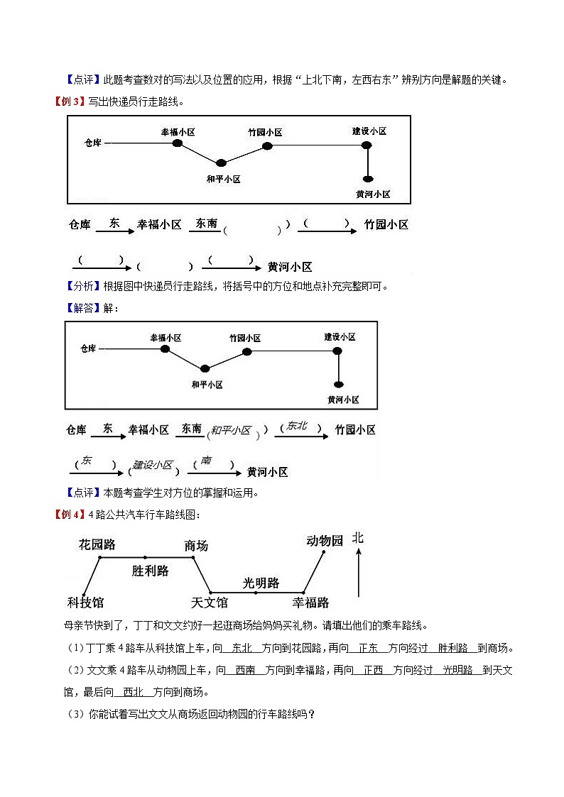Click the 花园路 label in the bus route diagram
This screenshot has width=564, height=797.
(97, 544)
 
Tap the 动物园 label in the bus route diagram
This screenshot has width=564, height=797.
(325, 541)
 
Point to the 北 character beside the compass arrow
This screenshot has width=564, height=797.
(358, 539)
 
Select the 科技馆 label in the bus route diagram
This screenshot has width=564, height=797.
(85, 603)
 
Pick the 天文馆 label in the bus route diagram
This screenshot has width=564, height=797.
(210, 603)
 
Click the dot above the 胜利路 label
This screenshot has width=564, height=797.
(146, 557)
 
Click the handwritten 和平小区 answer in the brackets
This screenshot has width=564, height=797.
(231, 430)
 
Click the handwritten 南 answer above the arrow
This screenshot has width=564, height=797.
(206, 461)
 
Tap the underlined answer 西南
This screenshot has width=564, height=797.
(245, 670)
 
